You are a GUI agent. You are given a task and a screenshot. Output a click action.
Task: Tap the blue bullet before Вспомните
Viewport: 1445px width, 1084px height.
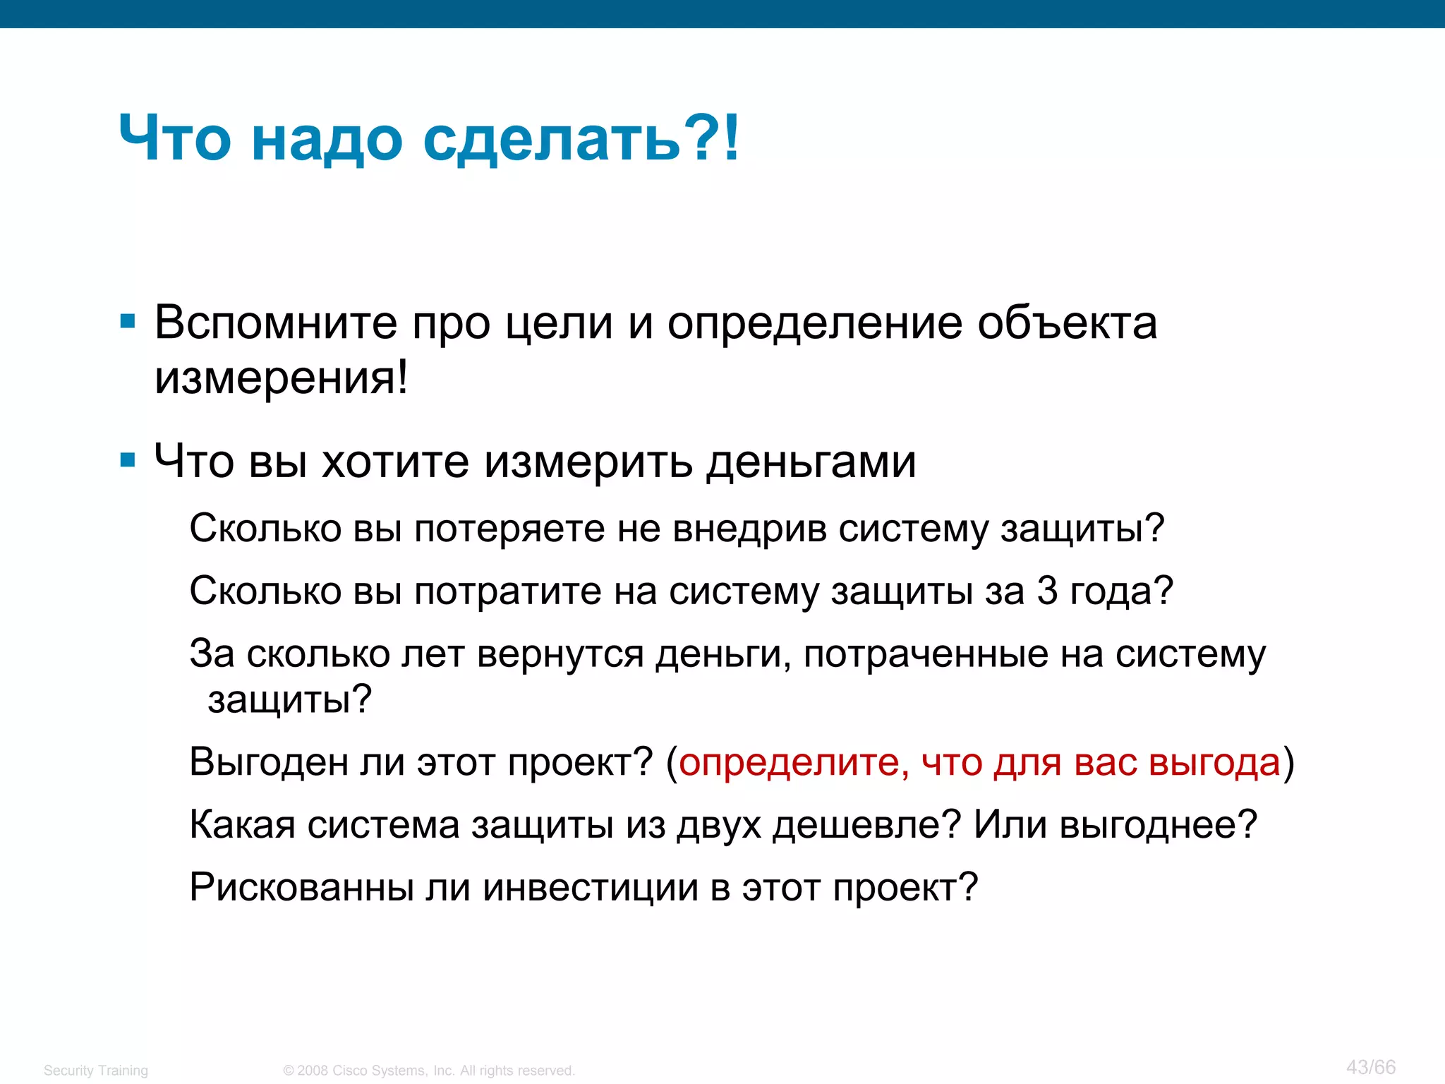[x=128, y=323]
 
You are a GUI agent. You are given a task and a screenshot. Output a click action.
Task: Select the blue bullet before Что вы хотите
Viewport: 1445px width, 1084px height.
[x=128, y=461]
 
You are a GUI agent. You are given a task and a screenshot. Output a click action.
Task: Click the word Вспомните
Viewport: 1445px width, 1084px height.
[x=276, y=323]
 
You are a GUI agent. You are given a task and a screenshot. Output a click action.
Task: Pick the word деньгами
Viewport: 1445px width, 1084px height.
[x=811, y=462]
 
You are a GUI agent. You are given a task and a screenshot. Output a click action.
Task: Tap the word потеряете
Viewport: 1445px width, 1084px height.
[x=509, y=529]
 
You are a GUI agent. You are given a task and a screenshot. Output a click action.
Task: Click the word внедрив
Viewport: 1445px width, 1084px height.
[x=749, y=529]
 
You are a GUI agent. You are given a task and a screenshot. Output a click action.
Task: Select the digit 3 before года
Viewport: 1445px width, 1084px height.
[x=1047, y=591]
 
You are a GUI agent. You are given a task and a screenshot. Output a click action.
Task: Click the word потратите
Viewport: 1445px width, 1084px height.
[x=508, y=591]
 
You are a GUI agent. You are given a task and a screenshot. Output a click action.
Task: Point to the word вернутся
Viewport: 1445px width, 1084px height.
[x=560, y=654]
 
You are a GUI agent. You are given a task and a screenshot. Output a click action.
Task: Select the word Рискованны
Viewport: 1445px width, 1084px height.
[x=301, y=887]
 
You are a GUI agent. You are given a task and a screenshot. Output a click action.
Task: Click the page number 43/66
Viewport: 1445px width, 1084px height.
[x=1370, y=1066]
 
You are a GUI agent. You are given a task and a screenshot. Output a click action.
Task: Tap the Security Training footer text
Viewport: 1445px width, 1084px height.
[x=96, y=1071]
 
